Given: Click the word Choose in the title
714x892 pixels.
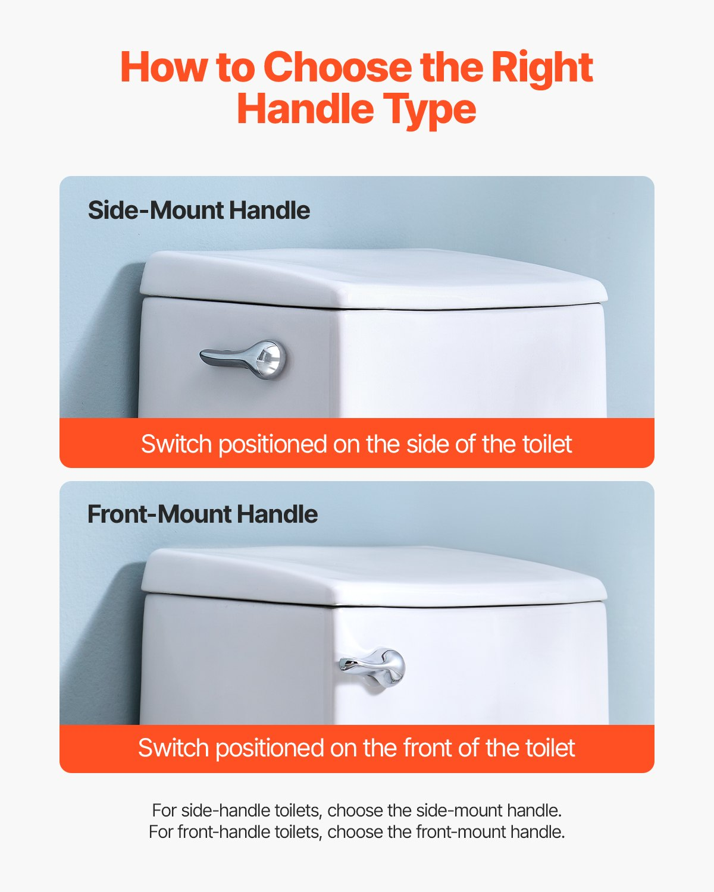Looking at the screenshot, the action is click(x=338, y=67).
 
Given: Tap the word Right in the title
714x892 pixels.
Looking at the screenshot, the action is click(x=542, y=70).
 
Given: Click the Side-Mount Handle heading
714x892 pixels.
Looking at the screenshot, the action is click(x=199, y=210).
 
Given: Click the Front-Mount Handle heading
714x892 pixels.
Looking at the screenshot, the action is click(x=203, y=514).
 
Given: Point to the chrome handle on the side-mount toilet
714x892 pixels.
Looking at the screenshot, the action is click(x=243, y=359).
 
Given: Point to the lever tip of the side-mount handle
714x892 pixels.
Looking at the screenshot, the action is click(x=202, y=354).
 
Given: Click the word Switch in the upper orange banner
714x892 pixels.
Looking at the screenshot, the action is click(x=177, y=444).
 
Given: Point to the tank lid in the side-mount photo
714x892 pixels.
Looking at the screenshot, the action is click(x=374, y=278).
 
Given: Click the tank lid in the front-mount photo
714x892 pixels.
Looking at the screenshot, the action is click(x=374, y=576).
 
